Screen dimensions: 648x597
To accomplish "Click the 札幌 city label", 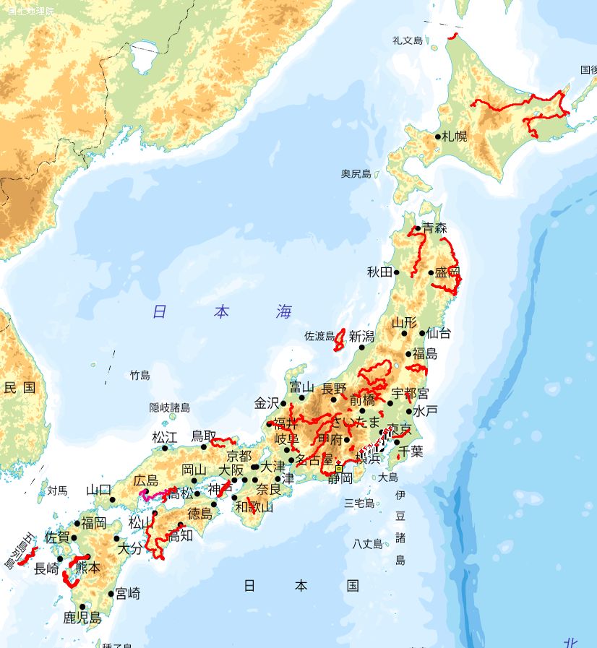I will (455, 136).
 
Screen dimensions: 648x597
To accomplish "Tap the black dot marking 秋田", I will (397, 272).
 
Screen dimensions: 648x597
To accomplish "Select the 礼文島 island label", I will (407, 40).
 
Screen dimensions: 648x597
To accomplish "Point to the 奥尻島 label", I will (356, 174).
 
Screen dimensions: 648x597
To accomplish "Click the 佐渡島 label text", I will (319, 336).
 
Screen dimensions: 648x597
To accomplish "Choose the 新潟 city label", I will (361, 336).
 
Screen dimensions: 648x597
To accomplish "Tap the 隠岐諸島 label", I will (169, 407).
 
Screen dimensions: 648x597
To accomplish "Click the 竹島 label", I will (140, 375).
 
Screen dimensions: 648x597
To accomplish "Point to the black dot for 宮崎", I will (111, 594).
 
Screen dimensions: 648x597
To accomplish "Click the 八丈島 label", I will (367, 544).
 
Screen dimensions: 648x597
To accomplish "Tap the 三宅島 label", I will (358, 504).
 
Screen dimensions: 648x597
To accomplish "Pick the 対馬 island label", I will (57, 491).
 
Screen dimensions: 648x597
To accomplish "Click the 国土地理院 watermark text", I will (21, 10).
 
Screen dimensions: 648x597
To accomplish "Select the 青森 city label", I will (435, 228).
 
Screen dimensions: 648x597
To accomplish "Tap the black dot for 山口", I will (112, 499).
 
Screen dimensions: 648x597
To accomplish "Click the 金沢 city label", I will (267, 403).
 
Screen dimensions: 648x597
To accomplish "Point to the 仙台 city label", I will (439, 333).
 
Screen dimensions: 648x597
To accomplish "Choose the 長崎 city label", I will (46, 569).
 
